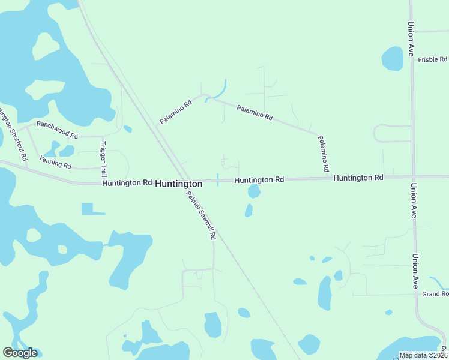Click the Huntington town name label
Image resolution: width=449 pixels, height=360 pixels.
pyautogui.click(x=178, y=184)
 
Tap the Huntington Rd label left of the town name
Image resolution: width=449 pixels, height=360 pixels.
pyautogui.click(x=127, y=182)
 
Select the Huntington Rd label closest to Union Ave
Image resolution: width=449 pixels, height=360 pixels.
pyautogui.click(x=358, y=178)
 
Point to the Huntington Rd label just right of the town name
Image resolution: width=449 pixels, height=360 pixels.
pyautogui.click(x=259, y=179)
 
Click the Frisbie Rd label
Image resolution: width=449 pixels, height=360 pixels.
pyautogui.click(x=433, y=59)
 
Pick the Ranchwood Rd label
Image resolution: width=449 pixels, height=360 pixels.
pyautogui.click(x=58, y=129)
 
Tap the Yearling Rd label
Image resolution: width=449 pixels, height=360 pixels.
pyautogui.click(x=55, y=161)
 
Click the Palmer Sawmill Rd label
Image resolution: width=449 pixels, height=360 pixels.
pyautogui.click(x=200, y=215)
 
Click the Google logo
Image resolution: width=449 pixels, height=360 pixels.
pyautogui.click(x=20, y=353)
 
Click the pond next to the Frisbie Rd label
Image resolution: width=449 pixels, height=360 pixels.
pyautogui.click(x=393, y=59)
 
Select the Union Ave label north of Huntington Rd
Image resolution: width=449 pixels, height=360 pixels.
pyautogui.click(x=411, y=40)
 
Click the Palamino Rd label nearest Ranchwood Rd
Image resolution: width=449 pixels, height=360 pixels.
pyautogui.click(x=175, y=112)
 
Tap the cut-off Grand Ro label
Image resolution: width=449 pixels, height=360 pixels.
pyautogui.click(x=435, y=294)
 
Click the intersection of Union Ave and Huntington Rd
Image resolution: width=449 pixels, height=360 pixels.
pyautogui.click(x=413, y=177)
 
